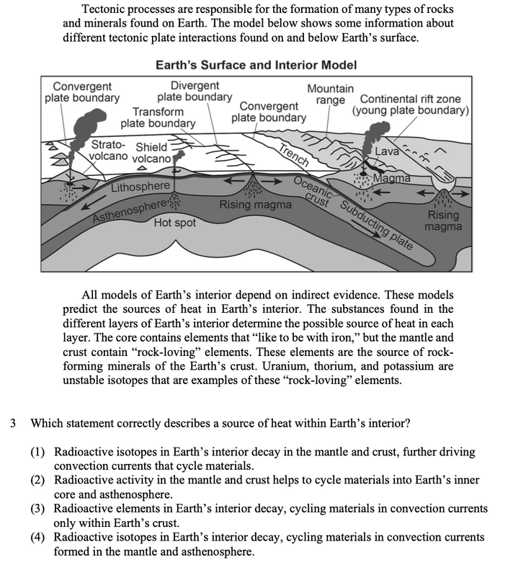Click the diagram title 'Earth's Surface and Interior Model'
(x=256, y=65)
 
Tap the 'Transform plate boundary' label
(x=158, y=117)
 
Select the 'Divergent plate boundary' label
(x=195, y=92)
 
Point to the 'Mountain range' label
(x=330, y=94)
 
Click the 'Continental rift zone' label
(x=411, y=105)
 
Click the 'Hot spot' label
(x=174, y=223)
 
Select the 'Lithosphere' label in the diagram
(x=141, y=188)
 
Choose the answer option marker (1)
(x=38, y=452)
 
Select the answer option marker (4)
(x=38, y=538)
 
